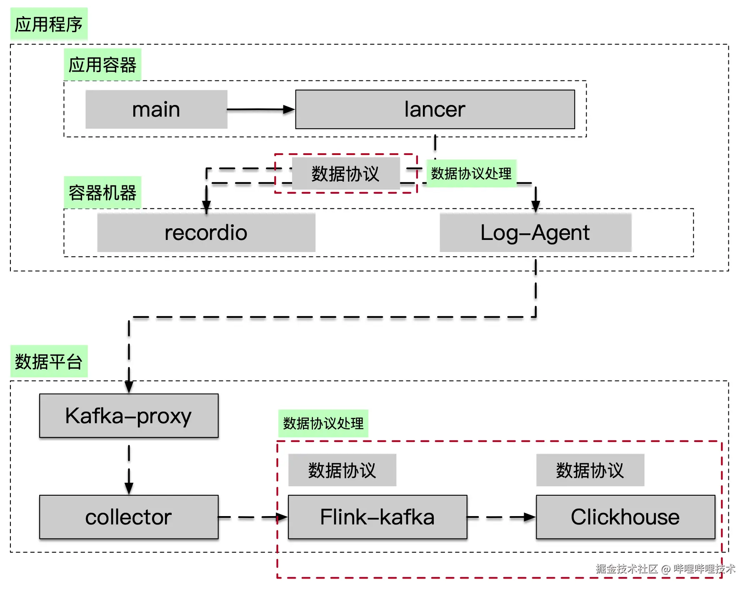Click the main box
[x=156, y=110]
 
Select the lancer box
[x=435, y=110]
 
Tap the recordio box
[x=206, y=232]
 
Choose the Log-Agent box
[x=535, y=232]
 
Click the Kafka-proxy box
[x=129, y=416]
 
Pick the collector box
[x=129, y=517]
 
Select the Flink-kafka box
[x=377, y=517]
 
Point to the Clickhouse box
[x=625, y=517]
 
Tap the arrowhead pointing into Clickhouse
[x=529, y=517]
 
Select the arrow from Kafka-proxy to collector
[x=129, y=469]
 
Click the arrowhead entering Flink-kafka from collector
[x=282, y=517]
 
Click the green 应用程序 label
[x=49, y=24]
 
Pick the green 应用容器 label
[x=102, y=65]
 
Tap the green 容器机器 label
[x=102, y=193]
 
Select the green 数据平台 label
[x=49, y=362]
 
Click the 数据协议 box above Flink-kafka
[x=342, y=470]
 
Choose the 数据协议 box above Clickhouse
[x=590, y=470]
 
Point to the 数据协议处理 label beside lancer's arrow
[x=471, y=173]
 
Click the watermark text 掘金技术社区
[x=626, y=569]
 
